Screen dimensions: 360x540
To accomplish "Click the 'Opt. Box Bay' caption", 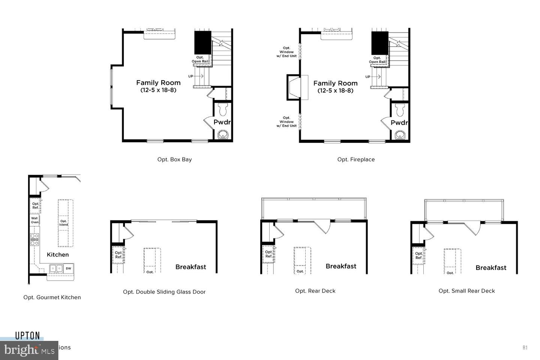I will click(174, 159).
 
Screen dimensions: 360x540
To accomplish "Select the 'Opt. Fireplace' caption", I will click(356, 159).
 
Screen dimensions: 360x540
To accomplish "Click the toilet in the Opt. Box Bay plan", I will click(223, 109).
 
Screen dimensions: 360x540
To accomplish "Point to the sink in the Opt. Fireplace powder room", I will click(400, 135).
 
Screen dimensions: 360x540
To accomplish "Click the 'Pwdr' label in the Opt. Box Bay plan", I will click(222, 122).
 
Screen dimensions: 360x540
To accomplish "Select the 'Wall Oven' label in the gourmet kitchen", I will click(34, 220).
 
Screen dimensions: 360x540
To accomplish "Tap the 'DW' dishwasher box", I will click(68, 268).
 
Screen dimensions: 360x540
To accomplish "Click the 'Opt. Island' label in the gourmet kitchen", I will click(63, 223).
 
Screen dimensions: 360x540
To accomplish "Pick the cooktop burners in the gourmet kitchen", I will click(34, 239).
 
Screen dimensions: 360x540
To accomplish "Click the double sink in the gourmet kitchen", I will click(56, 268).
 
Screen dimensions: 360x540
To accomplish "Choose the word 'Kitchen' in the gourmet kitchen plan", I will click(58, 255).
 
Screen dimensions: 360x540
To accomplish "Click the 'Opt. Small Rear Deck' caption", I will click(466, 291).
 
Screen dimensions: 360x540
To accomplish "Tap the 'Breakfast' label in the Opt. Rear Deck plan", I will click(340, 266).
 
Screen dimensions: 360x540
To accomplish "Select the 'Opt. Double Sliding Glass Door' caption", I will click(164, 292).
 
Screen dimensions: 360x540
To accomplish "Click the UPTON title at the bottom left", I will click(27, 336).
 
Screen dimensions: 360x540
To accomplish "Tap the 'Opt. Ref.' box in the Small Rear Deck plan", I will click(418, 255).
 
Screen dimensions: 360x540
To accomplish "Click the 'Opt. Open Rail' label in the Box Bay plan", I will click(200, 59).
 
